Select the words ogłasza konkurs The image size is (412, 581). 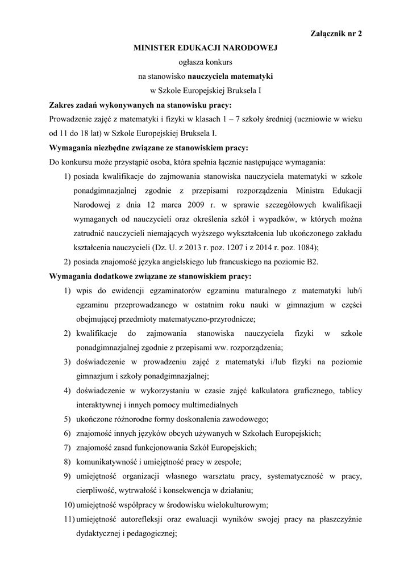point(205,62)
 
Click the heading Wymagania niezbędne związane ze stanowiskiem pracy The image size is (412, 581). point(149,148)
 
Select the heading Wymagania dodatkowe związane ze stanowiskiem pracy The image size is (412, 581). point(151,276)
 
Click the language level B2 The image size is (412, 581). point(312,262)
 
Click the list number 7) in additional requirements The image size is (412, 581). point(66,448)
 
